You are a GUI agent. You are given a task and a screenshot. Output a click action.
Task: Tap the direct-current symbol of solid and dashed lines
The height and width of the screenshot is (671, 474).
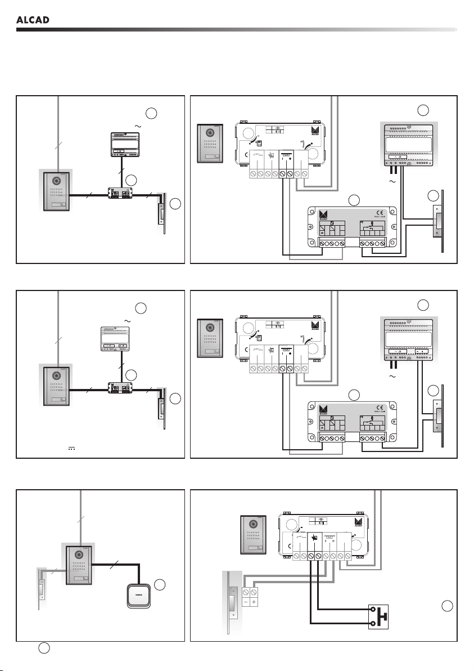pos(71,449)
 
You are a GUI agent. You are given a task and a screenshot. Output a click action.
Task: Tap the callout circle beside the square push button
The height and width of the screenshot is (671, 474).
pos(159,584)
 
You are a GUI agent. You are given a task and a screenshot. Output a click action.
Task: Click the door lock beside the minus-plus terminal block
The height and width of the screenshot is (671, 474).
pos(232,602)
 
